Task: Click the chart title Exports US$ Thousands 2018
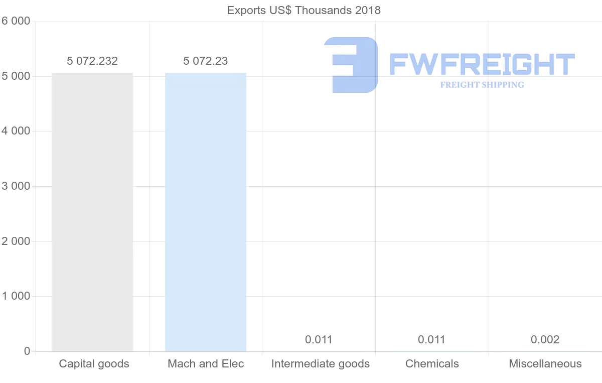pyautogui.click(x=304, y=10)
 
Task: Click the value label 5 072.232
pyautogui.click(x=92, y=61)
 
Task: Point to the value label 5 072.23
pyautogui.click(x=206, y=61)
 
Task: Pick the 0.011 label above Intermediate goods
pyautogui.click(x=319, y=340)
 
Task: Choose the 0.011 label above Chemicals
pyautogui.click(x=431, y=340)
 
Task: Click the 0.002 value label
pyautogui.click(x=545, y=340)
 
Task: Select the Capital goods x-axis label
pyautogui.click(x=94, y=364)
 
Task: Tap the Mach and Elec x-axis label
pyautogui.click(x=206, y=364)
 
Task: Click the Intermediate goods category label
pyautogui.click(x=320, y=364)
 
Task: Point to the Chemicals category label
pyautogui.click(x=432, y=364)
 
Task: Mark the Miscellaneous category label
pyautogui.click(x=545, y=364)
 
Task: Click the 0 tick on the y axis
pyautogui.click(x=27, y=351)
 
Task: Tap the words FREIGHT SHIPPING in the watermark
pyautogui.click(x=482, y=85)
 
